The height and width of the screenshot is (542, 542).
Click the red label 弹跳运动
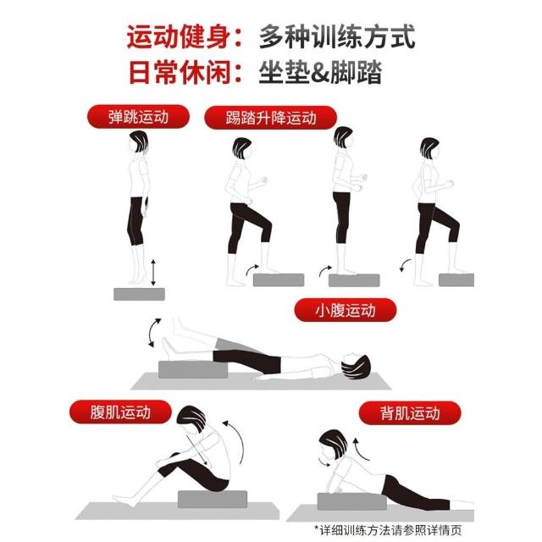click(x=138, y=117)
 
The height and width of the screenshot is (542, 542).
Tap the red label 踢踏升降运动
click(x=271, y=118)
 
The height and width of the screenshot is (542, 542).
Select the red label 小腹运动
click(x=346, y=310)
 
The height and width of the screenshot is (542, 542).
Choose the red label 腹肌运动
click(x=120, y=412)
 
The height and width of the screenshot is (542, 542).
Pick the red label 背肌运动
click(x=410, y=413)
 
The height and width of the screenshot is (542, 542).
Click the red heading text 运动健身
click(x=179, y=36)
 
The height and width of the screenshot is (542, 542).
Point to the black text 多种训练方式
click(x=337, y=36)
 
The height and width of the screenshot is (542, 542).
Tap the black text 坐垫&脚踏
click(x=320, y=72)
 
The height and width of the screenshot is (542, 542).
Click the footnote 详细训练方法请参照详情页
click(x=388, y=530)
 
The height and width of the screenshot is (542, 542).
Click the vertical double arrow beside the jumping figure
click(x=153, y=273)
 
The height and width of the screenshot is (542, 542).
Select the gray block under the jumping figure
click(x=139, y=294)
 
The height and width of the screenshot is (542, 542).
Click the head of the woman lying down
click(x=356, y=367)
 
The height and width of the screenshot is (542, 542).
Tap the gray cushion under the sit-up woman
click(x=213, y=499)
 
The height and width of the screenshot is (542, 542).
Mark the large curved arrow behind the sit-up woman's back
click(x=237, y=442)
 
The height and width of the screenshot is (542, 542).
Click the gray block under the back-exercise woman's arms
click(x=351, y=501)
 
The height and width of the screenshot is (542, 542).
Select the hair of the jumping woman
click(x=139, y=141)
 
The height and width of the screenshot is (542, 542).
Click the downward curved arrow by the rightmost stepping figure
click(x=405, y=265)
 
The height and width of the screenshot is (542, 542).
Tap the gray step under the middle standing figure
click(x=354, y=280)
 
